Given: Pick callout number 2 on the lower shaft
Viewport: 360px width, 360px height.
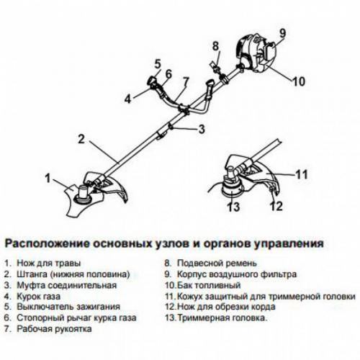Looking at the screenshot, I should pyautogui.click(x=82, y=138).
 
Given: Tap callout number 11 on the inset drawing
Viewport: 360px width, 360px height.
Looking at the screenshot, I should pyautogui.click(x=302, y=174).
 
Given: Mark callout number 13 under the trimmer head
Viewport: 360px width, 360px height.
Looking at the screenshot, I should pyautogui.click(x=232, y=208).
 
